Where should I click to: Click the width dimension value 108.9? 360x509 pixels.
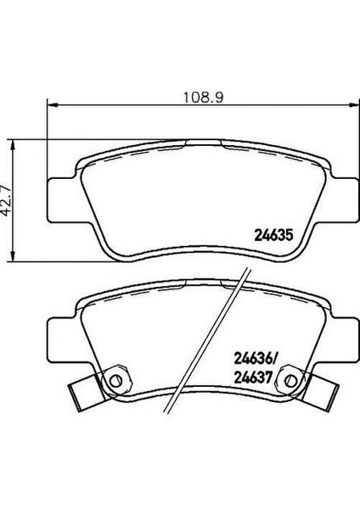(x=204, y=98)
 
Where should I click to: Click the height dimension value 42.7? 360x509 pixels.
(x=7, y=199)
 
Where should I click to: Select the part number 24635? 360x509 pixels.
(x=273, y=235)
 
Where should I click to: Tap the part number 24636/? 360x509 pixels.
(x=256, y=360)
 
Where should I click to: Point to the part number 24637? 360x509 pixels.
(x=252, y=378)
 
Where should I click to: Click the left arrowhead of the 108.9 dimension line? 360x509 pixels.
(x=53, y=105)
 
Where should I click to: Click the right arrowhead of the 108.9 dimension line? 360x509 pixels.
(x=353, y=105)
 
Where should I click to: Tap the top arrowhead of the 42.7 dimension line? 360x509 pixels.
(x=13, y=145)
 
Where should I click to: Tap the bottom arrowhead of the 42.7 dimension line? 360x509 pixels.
(x=13, y=255)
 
